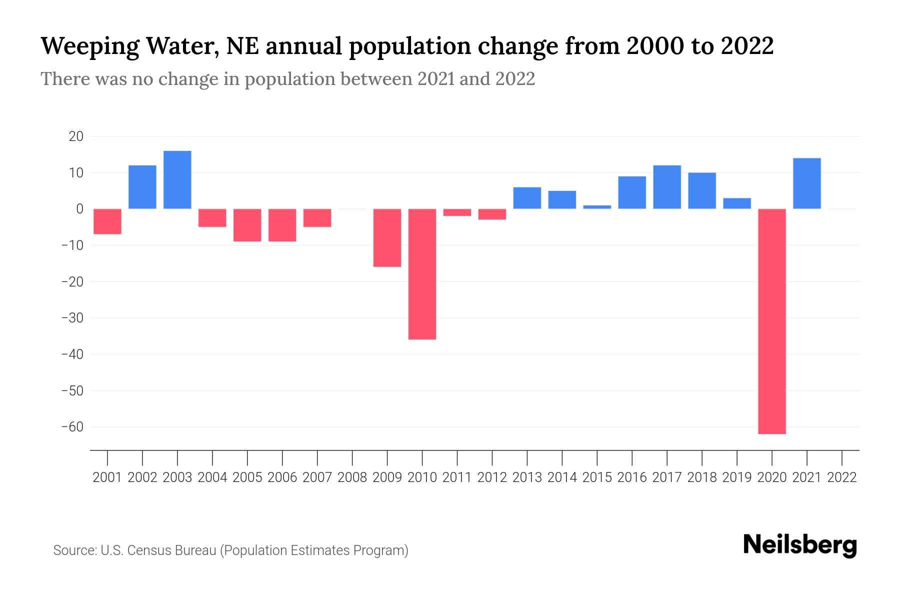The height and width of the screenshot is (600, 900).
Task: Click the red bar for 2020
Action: pyautogui.click(x=771, y=321)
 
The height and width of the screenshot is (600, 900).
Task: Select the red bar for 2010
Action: pyautogui.click(x=422, y=274)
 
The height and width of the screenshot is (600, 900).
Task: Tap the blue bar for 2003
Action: pyautogui.click(x=177, y=180)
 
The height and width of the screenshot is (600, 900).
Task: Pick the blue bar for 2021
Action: pyautogui.click(x=806, y=183)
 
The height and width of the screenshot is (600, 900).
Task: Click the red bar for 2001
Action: pyautogui.click(x=107, y=221)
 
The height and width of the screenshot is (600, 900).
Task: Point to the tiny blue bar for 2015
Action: pyautogui.click(x=597, y=207)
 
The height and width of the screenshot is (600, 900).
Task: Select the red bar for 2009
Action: pyautogui.click(x=387, y=237)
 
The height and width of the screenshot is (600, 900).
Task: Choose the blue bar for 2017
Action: pyautogui.click(x=667, y=187)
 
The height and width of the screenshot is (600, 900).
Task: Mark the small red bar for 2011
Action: pyautogui.click(x=457, y=212)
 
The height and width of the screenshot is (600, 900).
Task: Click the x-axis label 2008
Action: pyautogui.click(x=352, y=477)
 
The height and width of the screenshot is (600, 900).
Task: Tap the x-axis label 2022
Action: pyautogui.click(x=842, y=477)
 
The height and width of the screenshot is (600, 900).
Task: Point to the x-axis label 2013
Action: pyautogui.click(x=527, y=477)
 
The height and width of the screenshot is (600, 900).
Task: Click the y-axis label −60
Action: pyautogui.click(x=72, y=427)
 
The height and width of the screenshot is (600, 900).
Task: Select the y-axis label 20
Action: pyautogui.click(x=76, y=136)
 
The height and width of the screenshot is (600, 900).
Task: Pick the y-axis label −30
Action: pyautogui.click(x=72, y=318)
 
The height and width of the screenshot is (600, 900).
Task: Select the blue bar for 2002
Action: pyautogui.click(x=142, y=187)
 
